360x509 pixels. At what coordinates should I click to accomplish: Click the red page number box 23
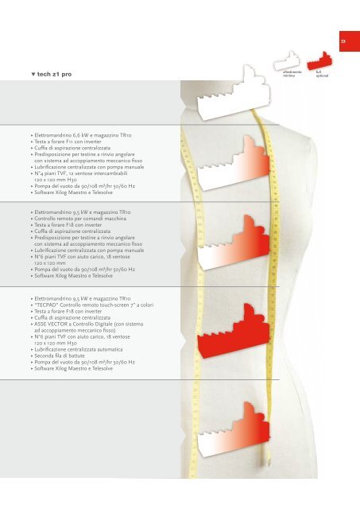coord(350,41)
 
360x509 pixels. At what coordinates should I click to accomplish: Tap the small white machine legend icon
coord(287,61)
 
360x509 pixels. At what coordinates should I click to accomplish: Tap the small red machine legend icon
coord(319,61)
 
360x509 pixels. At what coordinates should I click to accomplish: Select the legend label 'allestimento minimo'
coord(292,74)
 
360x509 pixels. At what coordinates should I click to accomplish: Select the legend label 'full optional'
coord(322,74)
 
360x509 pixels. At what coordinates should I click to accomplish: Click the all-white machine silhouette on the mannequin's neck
coord(234,94)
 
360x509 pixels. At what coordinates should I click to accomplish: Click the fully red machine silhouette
coord(234,332)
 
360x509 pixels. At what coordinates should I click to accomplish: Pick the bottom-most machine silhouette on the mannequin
coord(234,429)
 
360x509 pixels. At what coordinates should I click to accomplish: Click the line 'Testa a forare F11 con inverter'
coord(68,142)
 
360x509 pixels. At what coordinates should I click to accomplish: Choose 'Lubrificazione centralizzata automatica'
coord(79,350)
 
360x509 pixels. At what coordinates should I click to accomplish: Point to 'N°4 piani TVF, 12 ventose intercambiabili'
coord(81,173)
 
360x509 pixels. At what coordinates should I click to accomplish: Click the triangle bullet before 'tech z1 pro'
coord(33,74)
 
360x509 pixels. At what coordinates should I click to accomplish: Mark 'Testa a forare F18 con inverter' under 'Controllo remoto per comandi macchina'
coord(68,225)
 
